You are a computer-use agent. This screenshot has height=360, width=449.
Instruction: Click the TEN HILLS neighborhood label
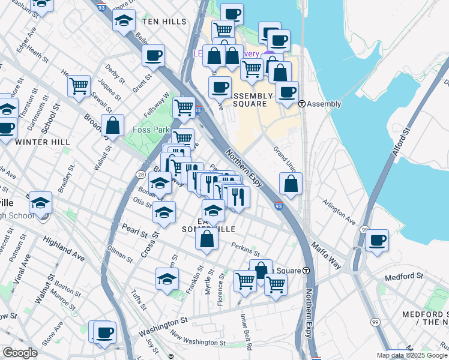pos(164,21)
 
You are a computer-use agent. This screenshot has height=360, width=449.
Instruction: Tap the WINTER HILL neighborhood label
pos(43,142)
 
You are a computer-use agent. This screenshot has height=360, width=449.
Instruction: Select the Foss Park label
pos(158,129)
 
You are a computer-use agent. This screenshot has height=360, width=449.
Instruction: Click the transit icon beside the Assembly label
pos(303,104)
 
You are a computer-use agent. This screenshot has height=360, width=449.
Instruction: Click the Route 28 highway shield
pos(140,174)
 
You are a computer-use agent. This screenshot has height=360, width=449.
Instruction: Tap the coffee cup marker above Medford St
pos(377,240)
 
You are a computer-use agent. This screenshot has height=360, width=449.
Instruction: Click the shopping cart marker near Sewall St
pos(79,86)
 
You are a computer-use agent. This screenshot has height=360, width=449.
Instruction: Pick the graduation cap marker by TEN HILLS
pos(124,20)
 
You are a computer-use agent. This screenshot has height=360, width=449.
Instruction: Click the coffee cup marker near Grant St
pos(154,56)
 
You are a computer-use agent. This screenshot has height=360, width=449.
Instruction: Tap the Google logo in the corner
pos(20,353)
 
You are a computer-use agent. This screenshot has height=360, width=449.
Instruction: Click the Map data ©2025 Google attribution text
pos(412,355)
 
